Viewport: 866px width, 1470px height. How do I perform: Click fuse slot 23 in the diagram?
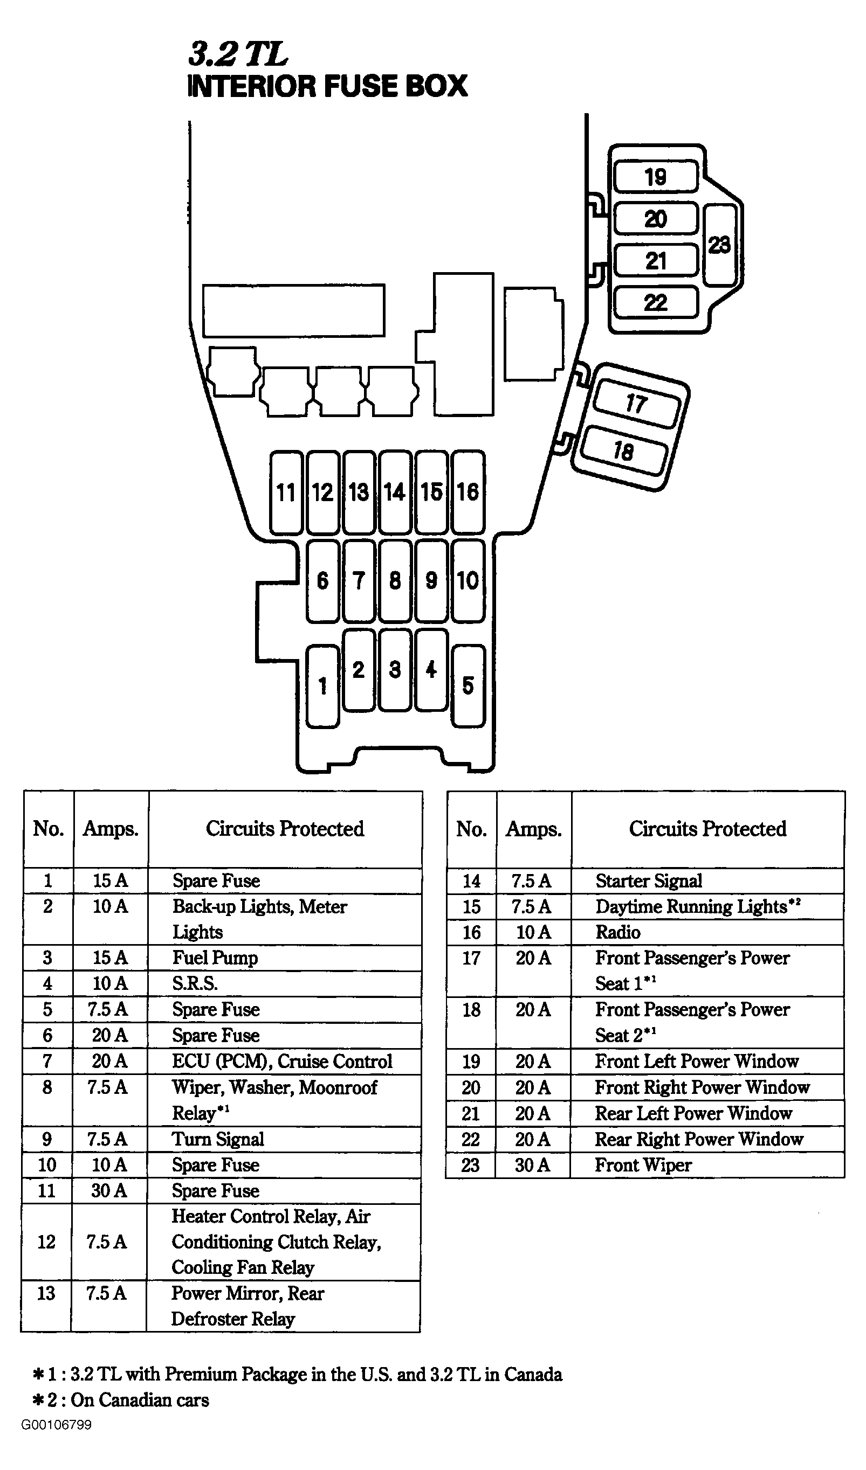pos(720,245)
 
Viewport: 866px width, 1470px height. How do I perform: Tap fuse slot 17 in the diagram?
pos(637,403)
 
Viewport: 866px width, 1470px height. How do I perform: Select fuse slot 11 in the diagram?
pos(286,493)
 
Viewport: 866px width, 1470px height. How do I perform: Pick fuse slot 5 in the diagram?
pos(468,685)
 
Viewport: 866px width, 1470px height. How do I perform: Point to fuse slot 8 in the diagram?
pos(395,580)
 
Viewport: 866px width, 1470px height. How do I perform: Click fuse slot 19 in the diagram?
pos(656,177)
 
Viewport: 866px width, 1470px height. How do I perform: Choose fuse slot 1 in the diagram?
pos(322,686)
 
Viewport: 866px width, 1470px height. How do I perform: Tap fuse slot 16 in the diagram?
pos(468,493)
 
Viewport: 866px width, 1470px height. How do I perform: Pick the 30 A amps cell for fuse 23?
pos(532,1165)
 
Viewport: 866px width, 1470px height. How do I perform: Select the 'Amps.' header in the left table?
pos(111,829)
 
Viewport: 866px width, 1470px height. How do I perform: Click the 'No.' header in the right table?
pos(471,829)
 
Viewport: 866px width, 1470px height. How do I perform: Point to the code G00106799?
pos(57,1425)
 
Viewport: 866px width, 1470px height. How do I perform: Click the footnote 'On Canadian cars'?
pos(140,1400)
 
